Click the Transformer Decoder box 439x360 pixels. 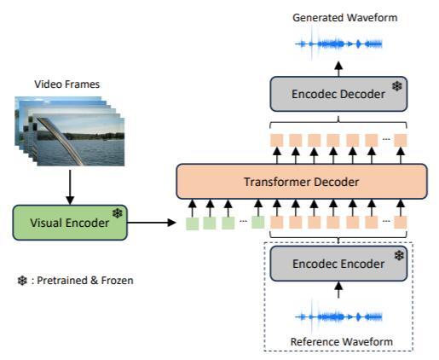pyautogui.click(x=302, y=182)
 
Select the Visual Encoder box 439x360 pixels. pyautogui.click(x=70, y=223)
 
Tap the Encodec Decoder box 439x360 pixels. pyautogui.click(x=338, y=94)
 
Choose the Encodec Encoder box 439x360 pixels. pyautogui.click(x=338, y=264)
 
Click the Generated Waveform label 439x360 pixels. pyautogui.click(x=345, y=18)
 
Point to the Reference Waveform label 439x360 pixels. pyautogui.click(x=342, y=341)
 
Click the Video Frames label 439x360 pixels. pyautogui.click(x=67, y=84)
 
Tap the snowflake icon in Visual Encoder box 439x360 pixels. pyautogui.click(x=117, y=213)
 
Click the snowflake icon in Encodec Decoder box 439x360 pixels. pyautogui.click(x=397, y=86)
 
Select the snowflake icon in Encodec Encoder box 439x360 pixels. pyautogui.click(x=399, y=255)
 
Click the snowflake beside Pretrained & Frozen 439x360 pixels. pyautogui.click(x=22, y=281)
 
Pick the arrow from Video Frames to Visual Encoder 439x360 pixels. pyautogui.click(x=70, y=187)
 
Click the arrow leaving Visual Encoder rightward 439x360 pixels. pyautogui.click(x=152, y=223)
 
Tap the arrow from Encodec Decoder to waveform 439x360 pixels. pyautogui.click(x=338, y=69)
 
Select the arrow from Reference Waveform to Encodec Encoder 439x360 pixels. pyautogui.click(x=338, y=289)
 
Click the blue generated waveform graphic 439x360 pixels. pyautogui.click(x=338, y=44)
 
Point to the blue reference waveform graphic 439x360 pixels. pyautogui.click(x=338, y=316)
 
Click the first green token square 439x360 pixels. pyautogui.click(x=193, y=224)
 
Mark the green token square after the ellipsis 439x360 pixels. pyautogui.click(x=258, y=222)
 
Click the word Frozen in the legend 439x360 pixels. pyautogui.click(x=117, y=281)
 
